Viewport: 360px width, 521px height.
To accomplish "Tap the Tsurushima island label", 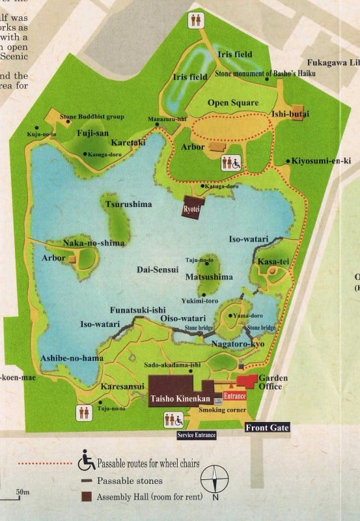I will (x=128, y=204).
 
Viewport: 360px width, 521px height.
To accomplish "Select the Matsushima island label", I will (x=209, y=277).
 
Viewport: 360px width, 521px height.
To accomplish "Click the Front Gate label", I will (x=267, y=428).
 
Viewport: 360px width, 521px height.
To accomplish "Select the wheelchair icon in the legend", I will (x=87, y=463).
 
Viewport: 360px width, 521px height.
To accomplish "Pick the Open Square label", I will (x=232, y=103).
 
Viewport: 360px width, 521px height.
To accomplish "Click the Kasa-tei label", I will (x=268, y=261).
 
